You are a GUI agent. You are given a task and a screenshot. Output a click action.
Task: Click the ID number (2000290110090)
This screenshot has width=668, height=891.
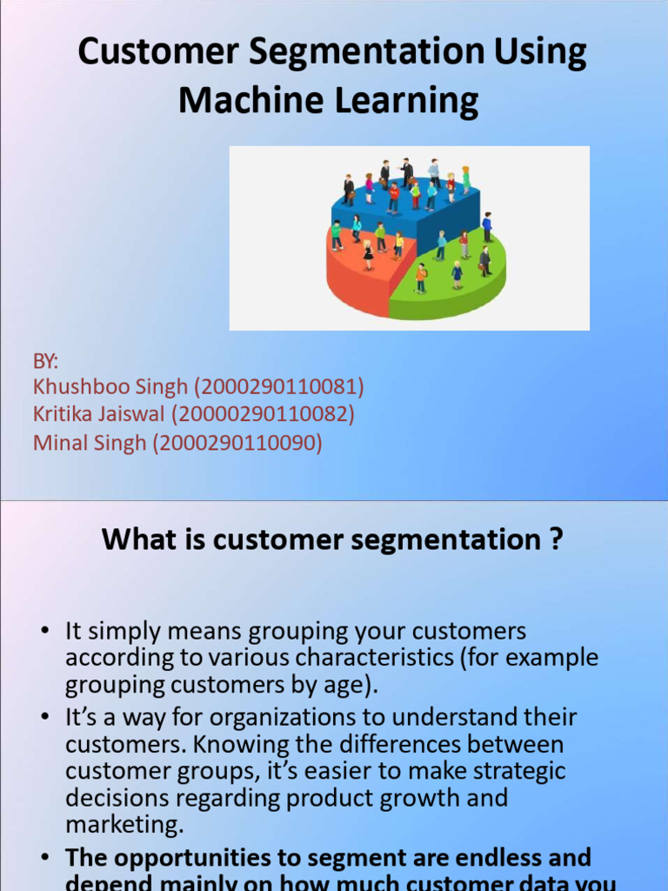(x=237, y=443)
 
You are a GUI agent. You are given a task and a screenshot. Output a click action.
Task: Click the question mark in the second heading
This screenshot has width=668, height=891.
(x=556, y=540)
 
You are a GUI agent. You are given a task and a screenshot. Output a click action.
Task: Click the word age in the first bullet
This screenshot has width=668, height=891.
(x=353, y=685)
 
